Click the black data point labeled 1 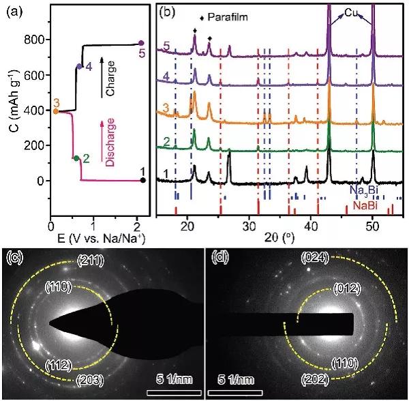(x=142, y=180)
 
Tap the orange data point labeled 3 (x=55, y=110)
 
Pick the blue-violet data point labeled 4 (x=80, y=67)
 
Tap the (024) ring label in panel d (x=314, y=257)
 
